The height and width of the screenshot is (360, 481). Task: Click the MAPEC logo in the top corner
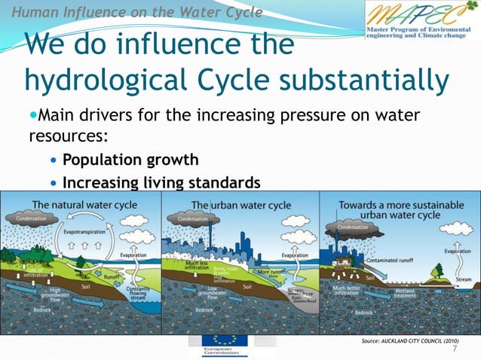tap(421, 21)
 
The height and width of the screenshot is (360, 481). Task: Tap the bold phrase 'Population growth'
tap(130, 160)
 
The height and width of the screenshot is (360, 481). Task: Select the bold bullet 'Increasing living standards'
tap(161, 182)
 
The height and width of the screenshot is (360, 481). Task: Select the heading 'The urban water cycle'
tap(240, 205)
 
